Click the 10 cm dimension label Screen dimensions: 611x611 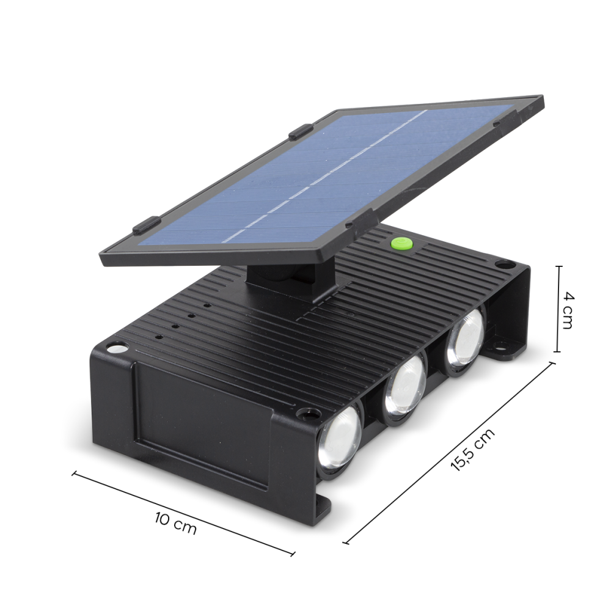(x=176, y=524)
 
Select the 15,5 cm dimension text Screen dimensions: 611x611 (x=472, y=449)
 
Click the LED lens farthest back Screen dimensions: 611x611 (x=465, y=338)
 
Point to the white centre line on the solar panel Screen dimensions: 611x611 (x=324, y=177)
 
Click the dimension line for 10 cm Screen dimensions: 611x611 (x=183, y=513)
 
